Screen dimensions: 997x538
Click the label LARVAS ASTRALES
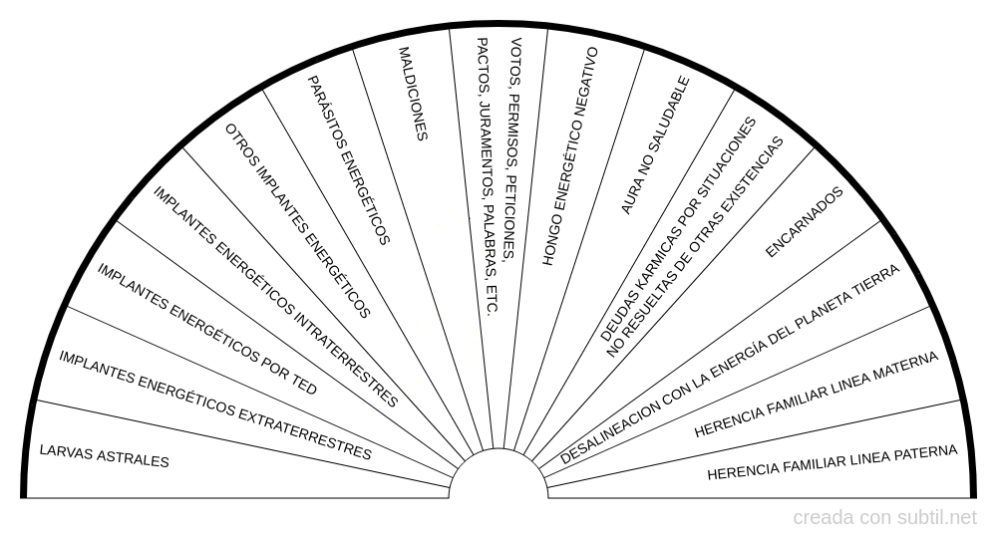[105, 456]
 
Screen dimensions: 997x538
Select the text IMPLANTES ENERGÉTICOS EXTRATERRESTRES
[215, 404]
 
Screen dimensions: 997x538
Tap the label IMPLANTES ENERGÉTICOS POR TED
[206, 329]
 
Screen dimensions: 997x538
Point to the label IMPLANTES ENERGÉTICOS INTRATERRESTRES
[275, 297]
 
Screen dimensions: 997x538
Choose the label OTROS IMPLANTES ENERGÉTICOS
[297, 220]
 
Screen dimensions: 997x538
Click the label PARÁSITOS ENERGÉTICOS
[348, 160]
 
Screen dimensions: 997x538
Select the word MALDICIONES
[413, 94]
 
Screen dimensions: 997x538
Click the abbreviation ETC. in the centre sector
[491, 300]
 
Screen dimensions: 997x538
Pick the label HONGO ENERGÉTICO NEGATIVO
[569, 155]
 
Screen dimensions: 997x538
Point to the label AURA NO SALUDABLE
[655, 144]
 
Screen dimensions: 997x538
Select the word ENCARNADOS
[804, 222]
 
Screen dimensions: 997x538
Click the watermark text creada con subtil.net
[884, 518]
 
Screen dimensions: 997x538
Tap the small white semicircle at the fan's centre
[498, 473]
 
